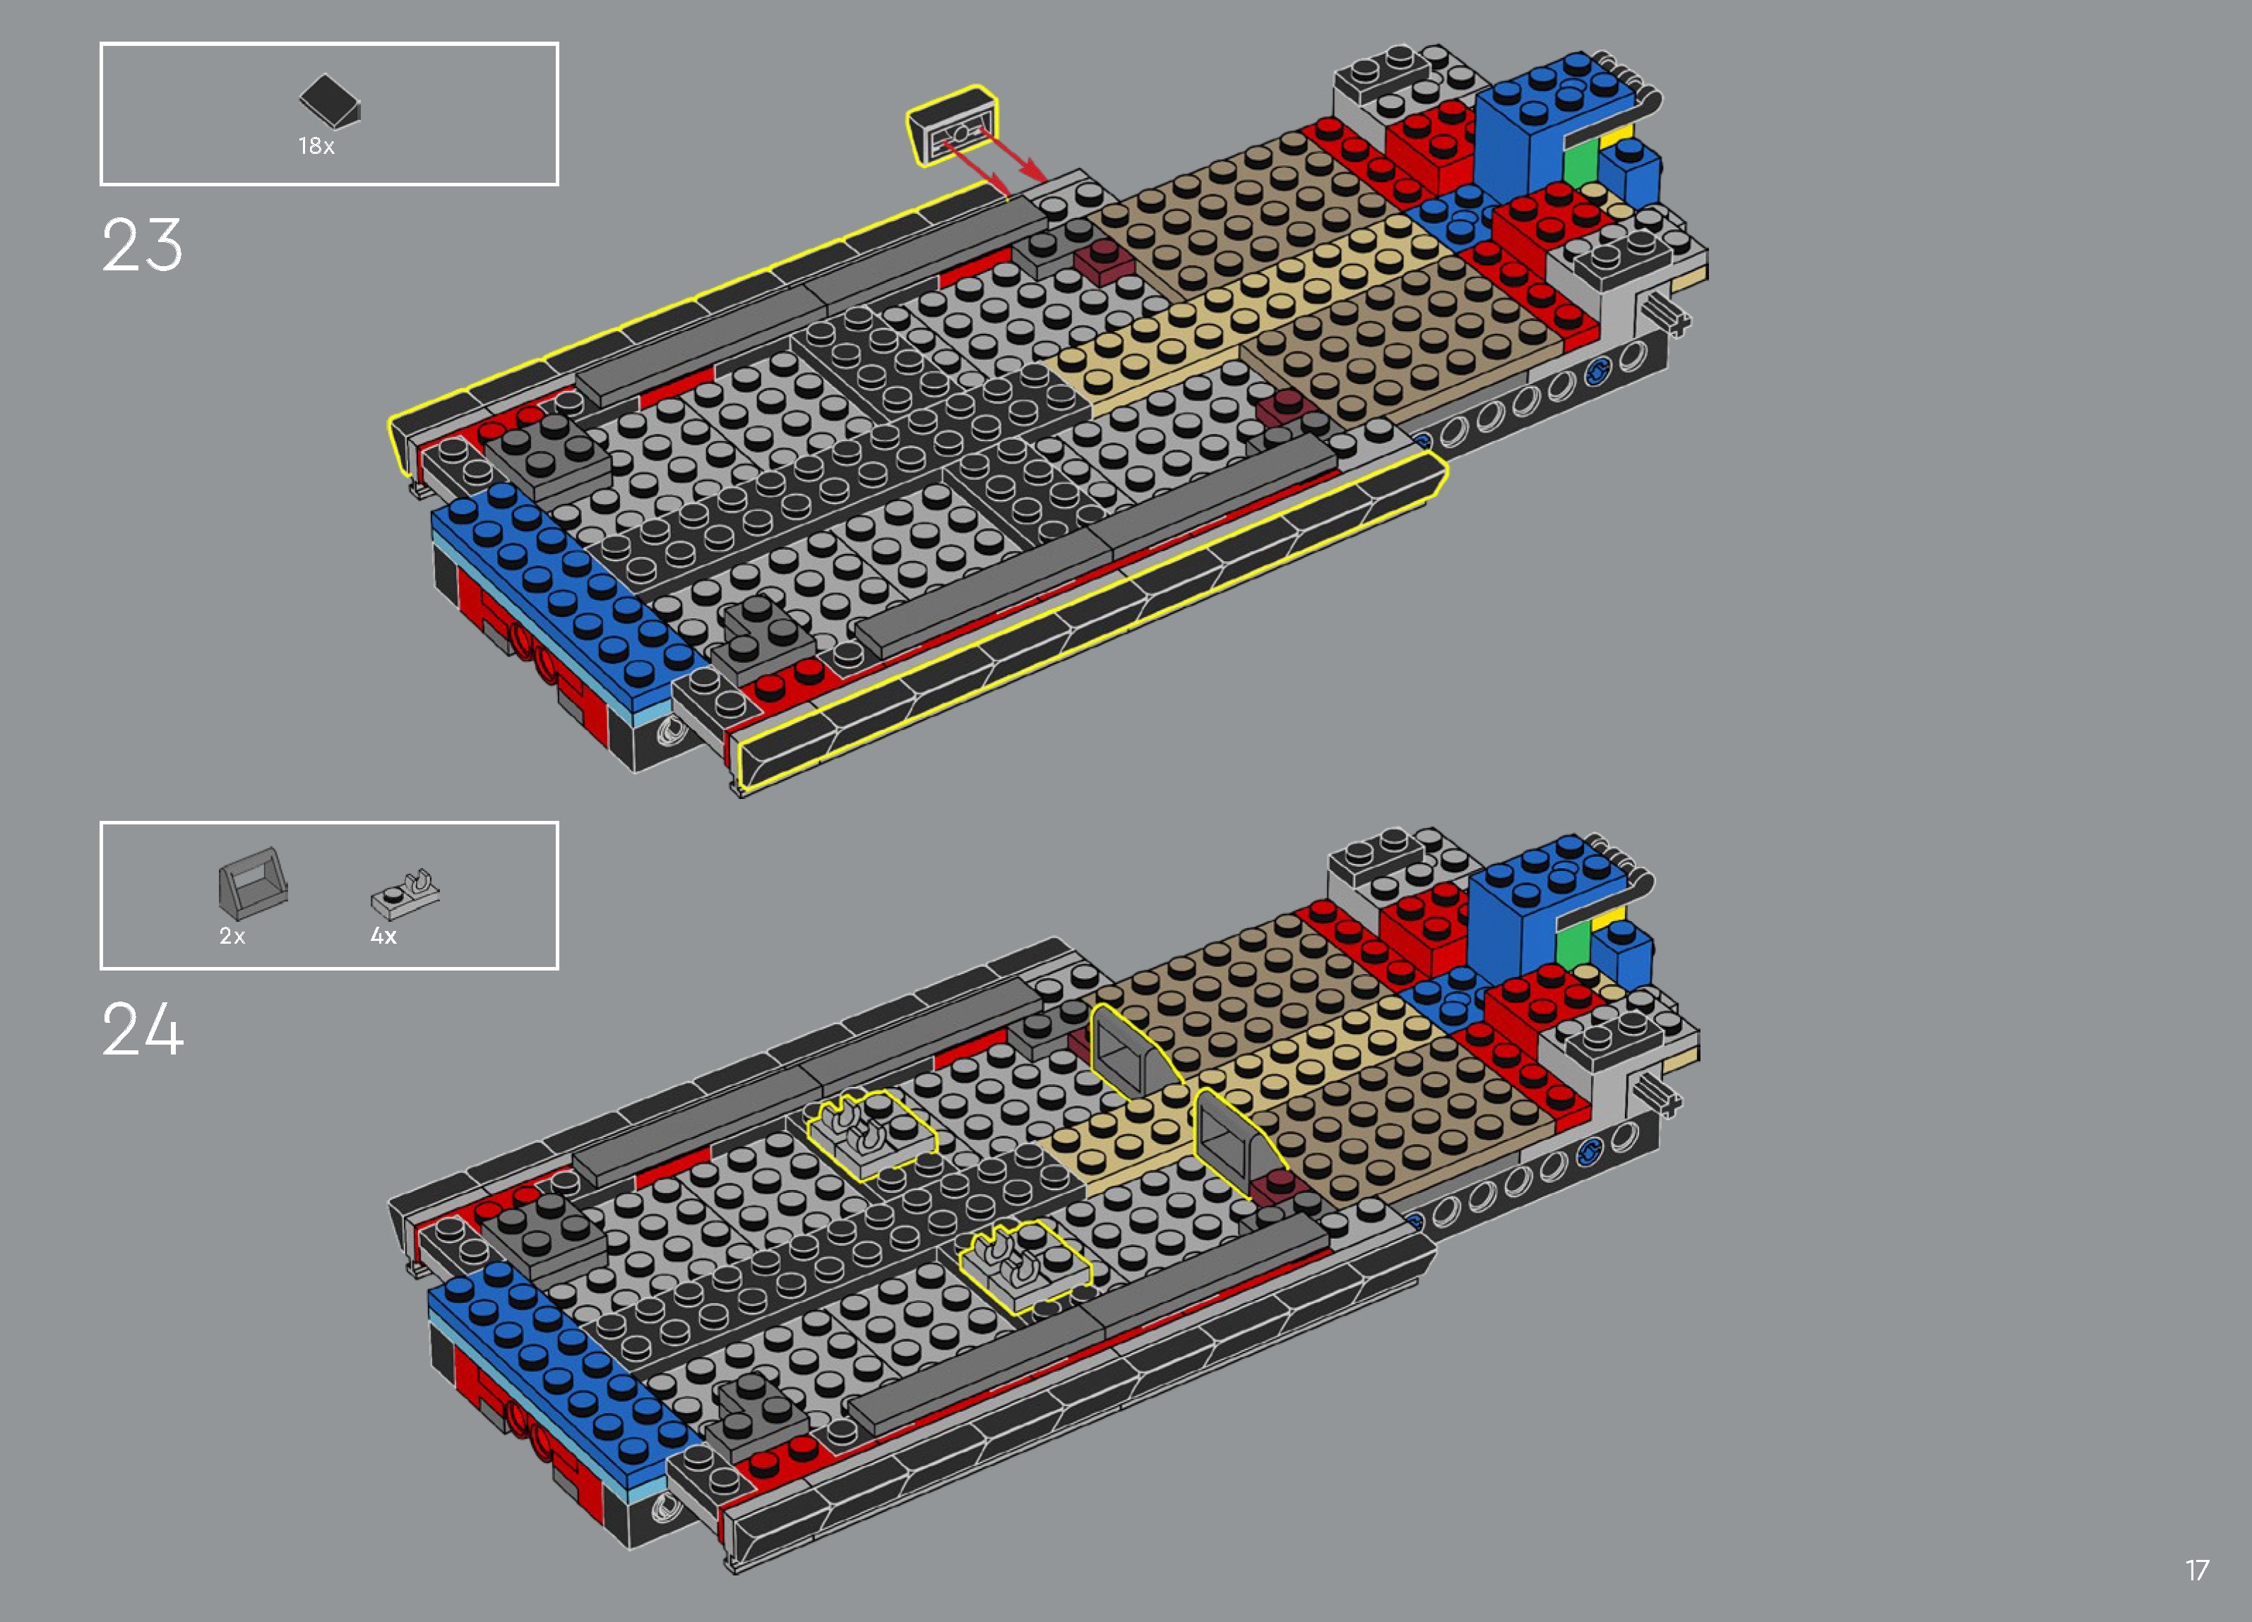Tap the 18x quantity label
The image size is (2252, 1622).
pyautogui.click(x=316, y=146)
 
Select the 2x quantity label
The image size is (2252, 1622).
pyautogui.click(x=232, y=936)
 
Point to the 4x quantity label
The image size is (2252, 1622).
pyautogui.click(x=383, y=936)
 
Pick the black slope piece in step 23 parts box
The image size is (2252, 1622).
pyautogui.click(x=330, y=101)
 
